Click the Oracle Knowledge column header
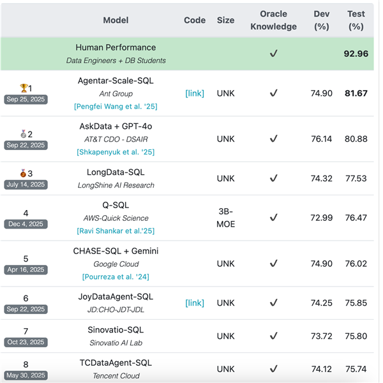[273, 20]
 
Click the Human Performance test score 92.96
[356, 54]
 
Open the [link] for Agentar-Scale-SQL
[195, 93]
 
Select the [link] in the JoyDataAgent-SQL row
[195, 303]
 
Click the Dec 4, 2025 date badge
[26, 224]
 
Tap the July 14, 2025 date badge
[26, 184]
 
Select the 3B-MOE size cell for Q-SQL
[225, 218]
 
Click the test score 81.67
[356, 93]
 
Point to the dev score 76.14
[322, 139]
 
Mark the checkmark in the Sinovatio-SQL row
[273, 336]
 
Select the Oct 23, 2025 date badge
[26, 342]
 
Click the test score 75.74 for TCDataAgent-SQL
[356, 369]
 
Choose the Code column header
[195, 20]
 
